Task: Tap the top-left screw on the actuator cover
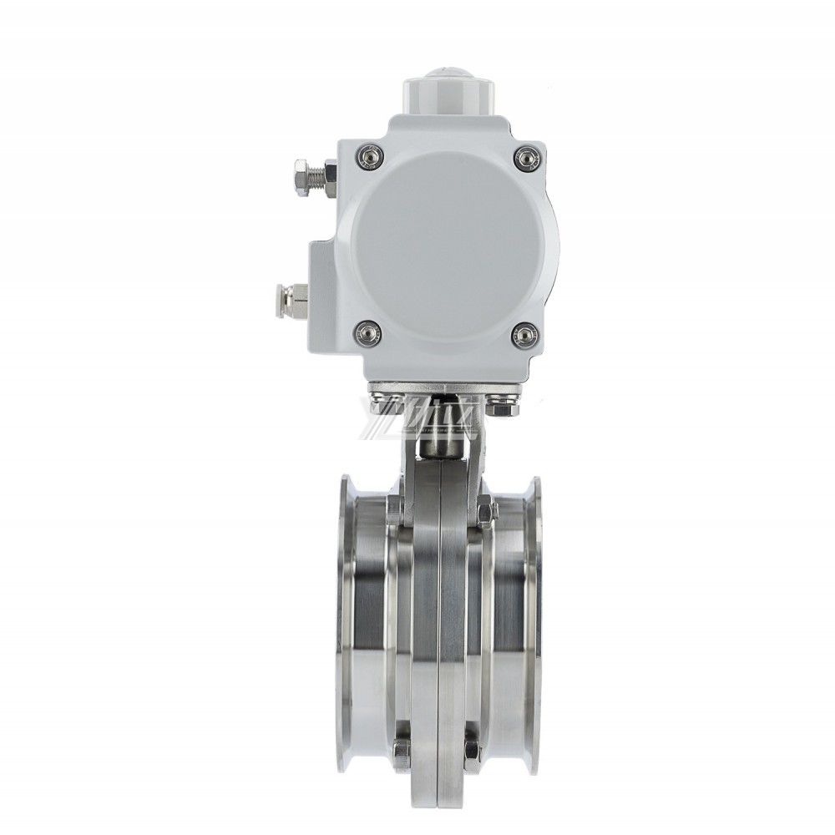(368, 156)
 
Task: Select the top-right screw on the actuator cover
(525, 157)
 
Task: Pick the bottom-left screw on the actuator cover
(368, 335)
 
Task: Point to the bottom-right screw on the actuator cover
(524, 336)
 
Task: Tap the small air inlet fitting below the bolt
(291, 298)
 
